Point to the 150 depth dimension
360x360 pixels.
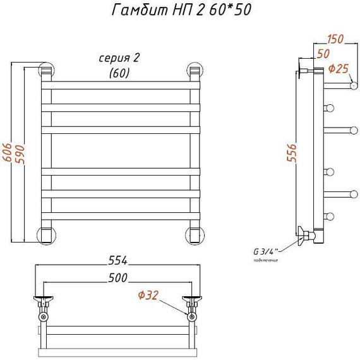tap(335, 39)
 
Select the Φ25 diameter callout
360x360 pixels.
tap(340, 68)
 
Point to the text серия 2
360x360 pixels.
tap(119, 59)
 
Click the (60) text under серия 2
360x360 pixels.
tap(119, 73)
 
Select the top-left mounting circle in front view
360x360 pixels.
tap(46, 69)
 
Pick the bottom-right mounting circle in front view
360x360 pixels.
tap(193, 235)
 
